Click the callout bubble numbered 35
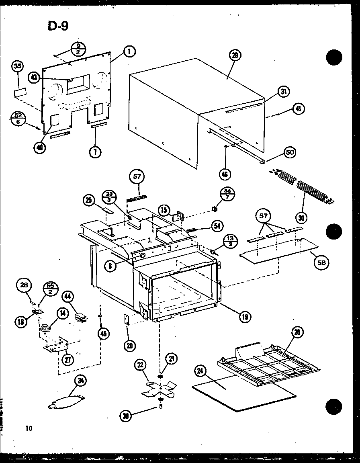coord(18,67)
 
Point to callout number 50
coord(289,152)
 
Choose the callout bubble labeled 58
coord(321,262)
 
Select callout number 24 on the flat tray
coord(200,372)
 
